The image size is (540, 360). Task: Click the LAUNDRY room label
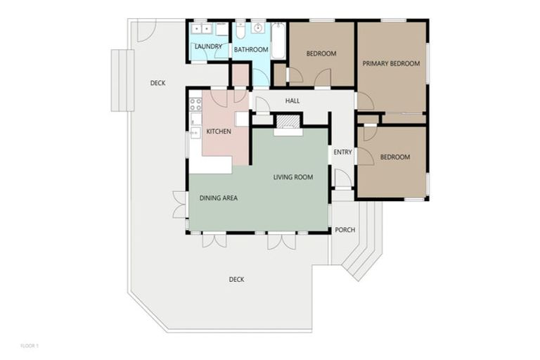(x=209, y=47)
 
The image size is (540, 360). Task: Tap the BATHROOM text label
(x=251, y=50)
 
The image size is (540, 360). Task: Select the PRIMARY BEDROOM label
(x=391, y=63)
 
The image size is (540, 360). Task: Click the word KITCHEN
(x=219, y=131)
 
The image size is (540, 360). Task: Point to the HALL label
(x=292, y=101)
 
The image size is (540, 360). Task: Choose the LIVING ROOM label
(x=293, y=177)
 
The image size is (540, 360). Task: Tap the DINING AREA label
(x=219, y=198)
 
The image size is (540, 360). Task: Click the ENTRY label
(x=342, y=153)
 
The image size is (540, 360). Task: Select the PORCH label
(x=345, y=230)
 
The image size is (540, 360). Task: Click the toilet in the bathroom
(x=240, y=31)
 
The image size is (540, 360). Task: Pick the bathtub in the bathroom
(x=278, y=41)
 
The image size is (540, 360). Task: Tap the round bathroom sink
(x=259, y=29)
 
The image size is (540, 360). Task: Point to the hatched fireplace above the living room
(x=287, y=122)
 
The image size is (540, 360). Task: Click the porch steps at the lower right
(x=363, y=257)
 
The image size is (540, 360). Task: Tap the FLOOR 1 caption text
(x=30, y=346)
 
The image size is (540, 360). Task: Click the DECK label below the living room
(x=236, y=279)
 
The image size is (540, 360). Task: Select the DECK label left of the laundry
(x=157, y=83)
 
